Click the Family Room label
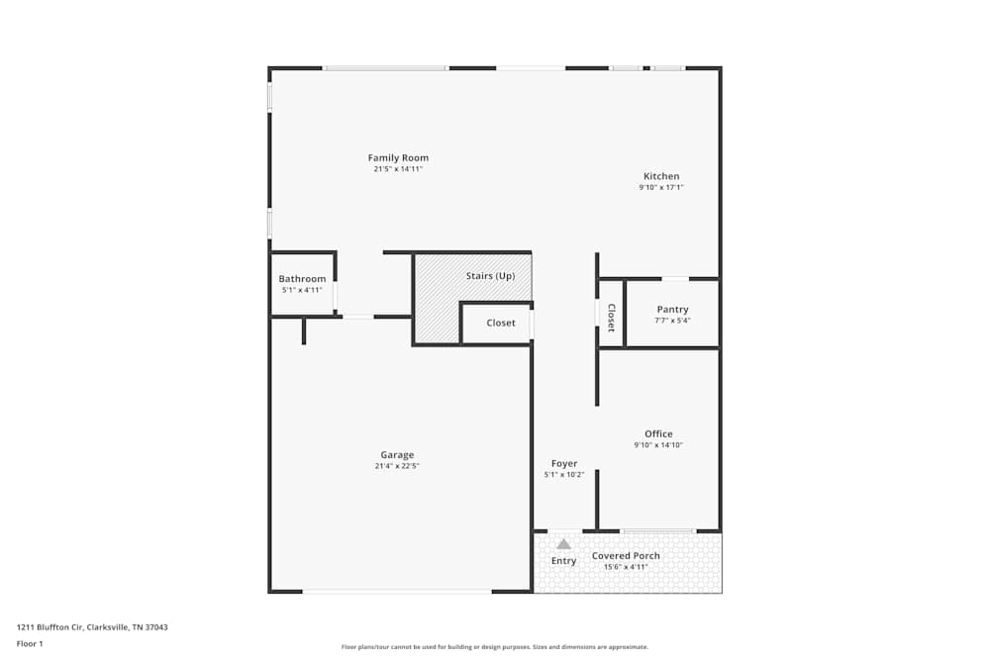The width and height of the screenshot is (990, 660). coord(398,158)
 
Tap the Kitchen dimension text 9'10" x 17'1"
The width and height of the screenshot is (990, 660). coord(660,187)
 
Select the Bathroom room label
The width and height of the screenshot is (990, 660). coord(302,279)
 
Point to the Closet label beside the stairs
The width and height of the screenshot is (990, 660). coord(501,323)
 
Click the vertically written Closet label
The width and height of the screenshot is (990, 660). coord(611,318)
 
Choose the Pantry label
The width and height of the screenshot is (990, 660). coord(672,310)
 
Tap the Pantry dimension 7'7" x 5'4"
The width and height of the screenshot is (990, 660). coord(672,321)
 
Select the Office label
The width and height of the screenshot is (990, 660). coord(658,433)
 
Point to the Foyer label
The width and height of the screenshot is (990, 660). coord(564,463)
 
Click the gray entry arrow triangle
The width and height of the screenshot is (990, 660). coord(563,543)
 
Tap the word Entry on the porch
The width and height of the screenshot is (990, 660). coord(563,561)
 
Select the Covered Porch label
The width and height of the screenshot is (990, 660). coord(626,556)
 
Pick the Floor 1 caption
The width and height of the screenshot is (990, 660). coord(30,643)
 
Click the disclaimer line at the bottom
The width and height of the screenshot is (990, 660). coord(495,647)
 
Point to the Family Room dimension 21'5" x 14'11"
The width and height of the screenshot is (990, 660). coord(398,169)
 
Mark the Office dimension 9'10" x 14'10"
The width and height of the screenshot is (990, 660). coord(658,445)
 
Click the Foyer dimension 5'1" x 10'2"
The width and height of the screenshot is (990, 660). coord(564,475)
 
